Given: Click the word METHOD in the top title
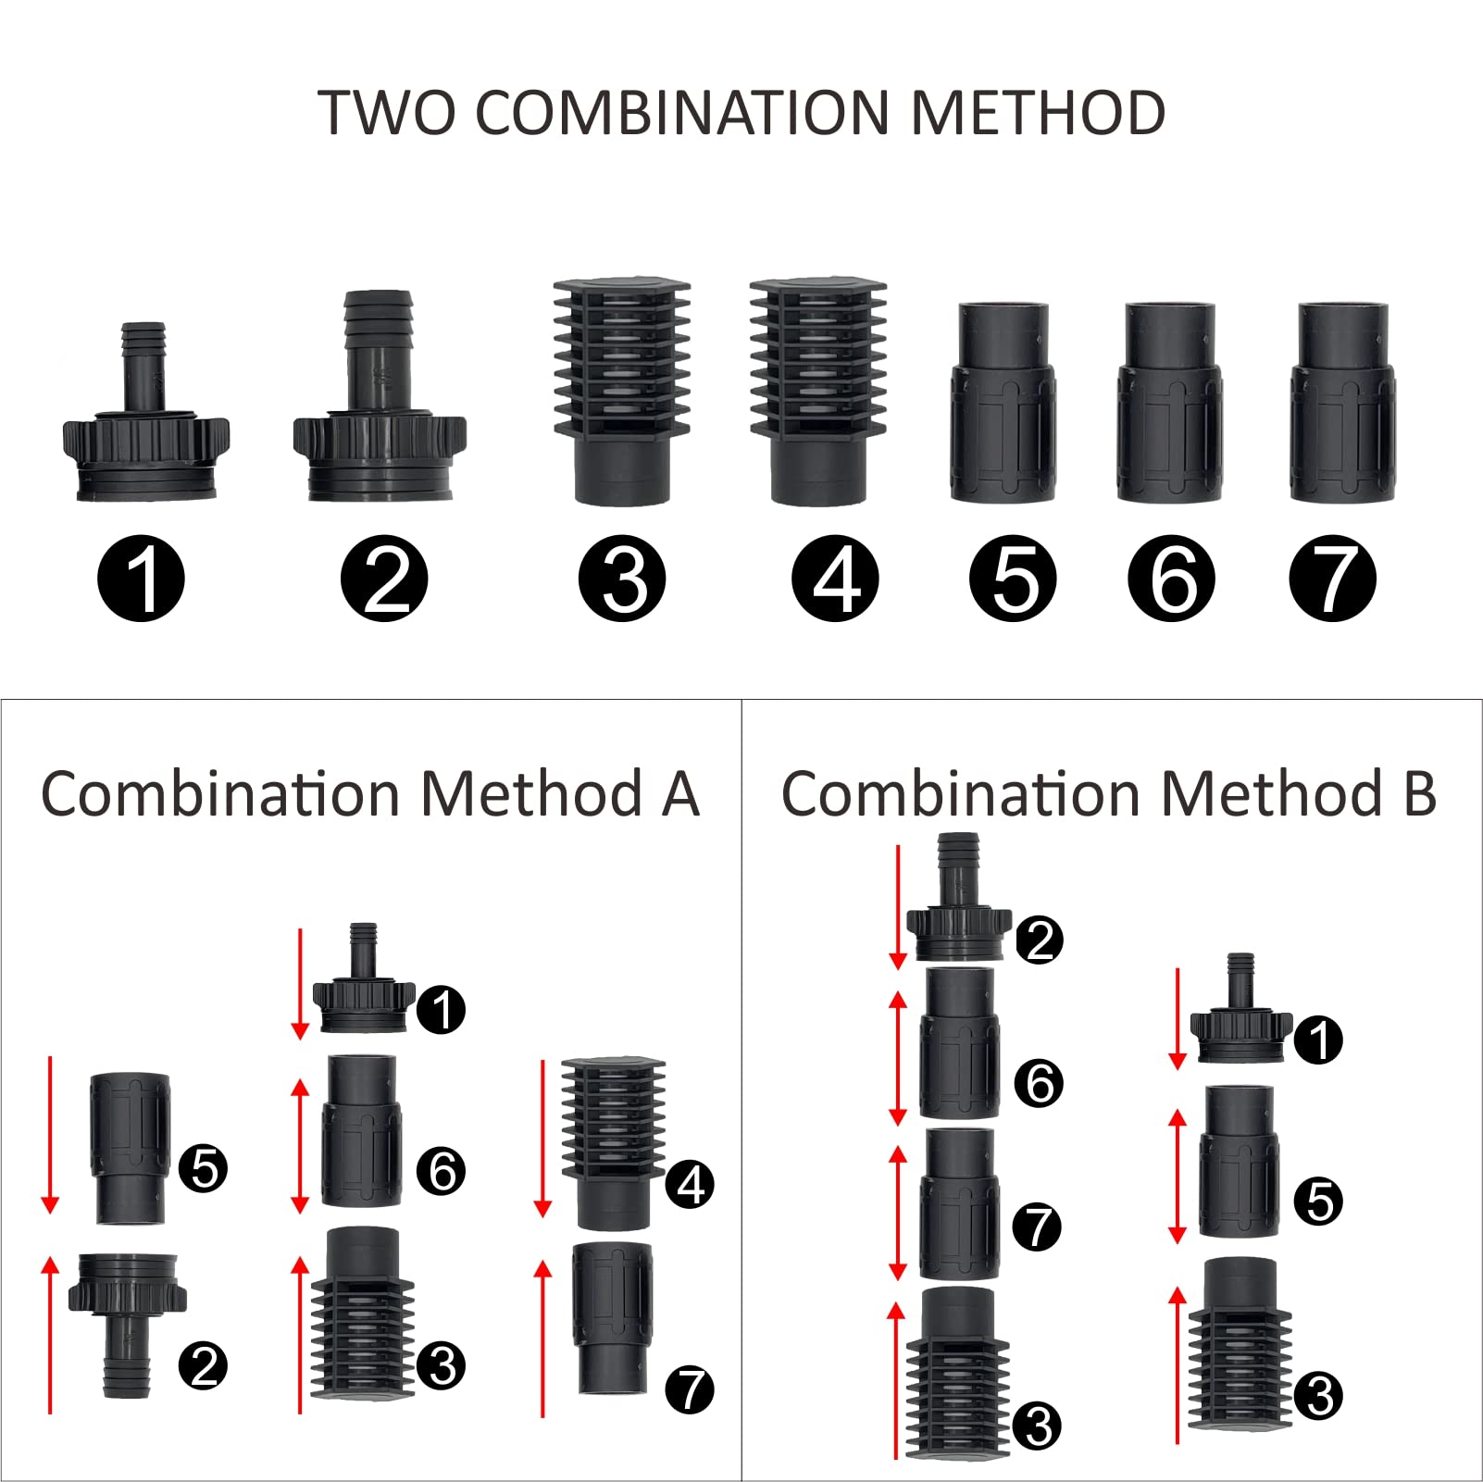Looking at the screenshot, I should pyautogui.click(x=1038, y=113).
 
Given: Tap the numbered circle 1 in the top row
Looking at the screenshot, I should pyautogui.click(x=141, y=579).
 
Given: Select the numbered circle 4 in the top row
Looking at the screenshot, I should pyautogui.click(x=836, y=579).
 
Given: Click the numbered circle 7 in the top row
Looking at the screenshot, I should pyautogui.click(x=1332, y=579).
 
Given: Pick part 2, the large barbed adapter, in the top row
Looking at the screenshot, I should pyautogui.click(x=379, y=407).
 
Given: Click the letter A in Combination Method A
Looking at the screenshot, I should pyautogui.click(x=680, y=794).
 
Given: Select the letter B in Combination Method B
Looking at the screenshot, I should pyautogui.click(x=1419, y=794).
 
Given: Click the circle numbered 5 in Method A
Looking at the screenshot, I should pyautogui.click(x=203, y=1168).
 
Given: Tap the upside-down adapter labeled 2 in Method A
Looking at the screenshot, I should pyautogui.click(x=128, y=1319).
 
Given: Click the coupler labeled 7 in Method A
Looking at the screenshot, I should pyautogui.click(x=612, y=1319).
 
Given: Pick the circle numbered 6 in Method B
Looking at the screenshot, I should pyautogui.click(x=1039, y=1083).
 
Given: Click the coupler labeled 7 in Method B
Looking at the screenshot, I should pyautogui.click(x=959, y=1203).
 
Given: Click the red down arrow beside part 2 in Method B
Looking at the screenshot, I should pyautogui.click(x=897, y=907).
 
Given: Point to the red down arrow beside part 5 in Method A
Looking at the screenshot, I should pyautogui.click(x=50, y=1134).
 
